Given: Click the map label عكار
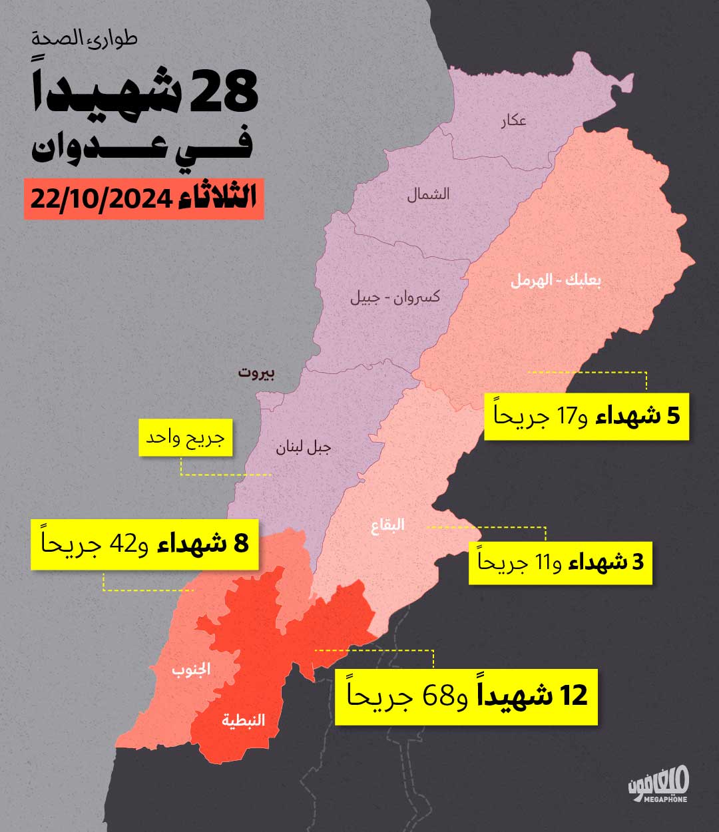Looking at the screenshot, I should click(513, 120).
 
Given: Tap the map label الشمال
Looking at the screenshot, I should click(428, 194).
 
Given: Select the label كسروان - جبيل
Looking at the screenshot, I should click(395, 297).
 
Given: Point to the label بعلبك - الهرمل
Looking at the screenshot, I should click(556, 280).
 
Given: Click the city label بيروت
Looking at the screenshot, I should click(256, 373).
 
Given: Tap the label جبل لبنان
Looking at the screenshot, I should click(304, 447).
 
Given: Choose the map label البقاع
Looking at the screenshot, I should click(387, 525).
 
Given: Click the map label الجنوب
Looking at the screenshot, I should click(192, 669).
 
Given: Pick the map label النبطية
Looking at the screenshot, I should click(243, 720).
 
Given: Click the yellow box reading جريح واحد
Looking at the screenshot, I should click(186, 437).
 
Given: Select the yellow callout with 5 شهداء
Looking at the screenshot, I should click(586, 417).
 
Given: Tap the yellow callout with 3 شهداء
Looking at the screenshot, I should click(560, 562).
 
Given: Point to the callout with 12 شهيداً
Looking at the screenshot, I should click(466, 696).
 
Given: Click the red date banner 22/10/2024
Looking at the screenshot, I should click(144, 198).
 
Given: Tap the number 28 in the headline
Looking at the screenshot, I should click(223, 93).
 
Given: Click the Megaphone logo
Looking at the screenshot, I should click(658, 785).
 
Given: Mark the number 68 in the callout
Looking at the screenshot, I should click(439, 697).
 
